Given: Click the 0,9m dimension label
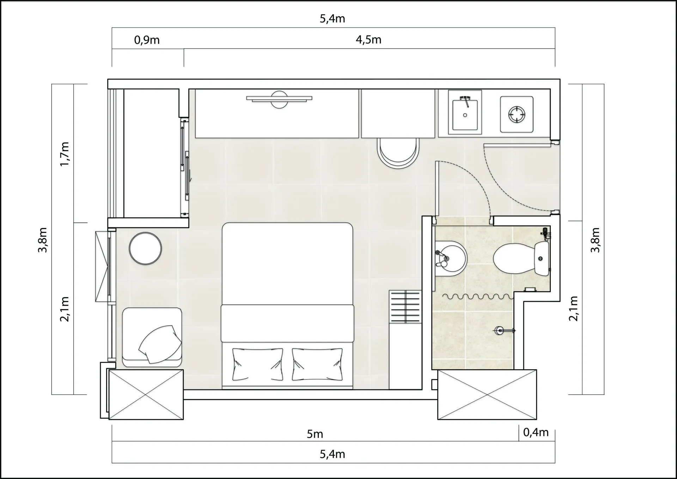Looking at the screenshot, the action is [x=147, y=40].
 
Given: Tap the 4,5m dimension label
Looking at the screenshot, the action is [x=368, y=40].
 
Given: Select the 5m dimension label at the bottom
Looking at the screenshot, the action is [x=315, y=434].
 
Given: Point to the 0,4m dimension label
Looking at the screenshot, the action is [x=536, y=432].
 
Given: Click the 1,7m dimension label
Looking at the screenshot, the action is [x=65, y=154].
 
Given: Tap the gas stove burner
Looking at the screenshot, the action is [x=517, y=114].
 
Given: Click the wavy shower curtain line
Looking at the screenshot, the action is [x=478, y=297].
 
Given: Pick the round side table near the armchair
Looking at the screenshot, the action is [x=145, y=249].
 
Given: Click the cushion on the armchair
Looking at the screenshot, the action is [x=160, y=344].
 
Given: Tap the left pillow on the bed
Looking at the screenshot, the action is [x=258, y=364].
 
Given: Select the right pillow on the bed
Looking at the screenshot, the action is [x=317, y=364].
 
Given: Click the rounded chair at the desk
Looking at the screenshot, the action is [x=398, y=153].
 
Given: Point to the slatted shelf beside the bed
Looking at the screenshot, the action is [x=405, y=306].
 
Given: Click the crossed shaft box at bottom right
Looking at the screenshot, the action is [x=487, y=395].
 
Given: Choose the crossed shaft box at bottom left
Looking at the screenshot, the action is [x=146, y=395].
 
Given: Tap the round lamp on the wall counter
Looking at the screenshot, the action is [x=279, y=100].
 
